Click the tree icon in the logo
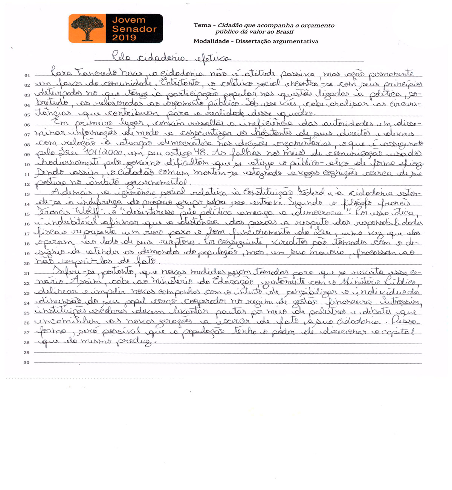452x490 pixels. (x=87, y=28)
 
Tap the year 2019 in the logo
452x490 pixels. (x=124, y=38)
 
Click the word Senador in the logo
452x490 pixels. (x=134, y=29)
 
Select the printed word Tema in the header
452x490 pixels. (x=202, y=25)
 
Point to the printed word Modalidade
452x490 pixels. (x=211, y=41)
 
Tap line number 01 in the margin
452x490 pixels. (x=27, y=75)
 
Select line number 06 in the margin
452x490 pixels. (x=27, y=125)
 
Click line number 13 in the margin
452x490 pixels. (x=27, y=194)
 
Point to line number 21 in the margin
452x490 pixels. (x=27, y=274)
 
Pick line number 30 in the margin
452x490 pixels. (x=27, y=363)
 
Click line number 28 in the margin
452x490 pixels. (x=27, y=343)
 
